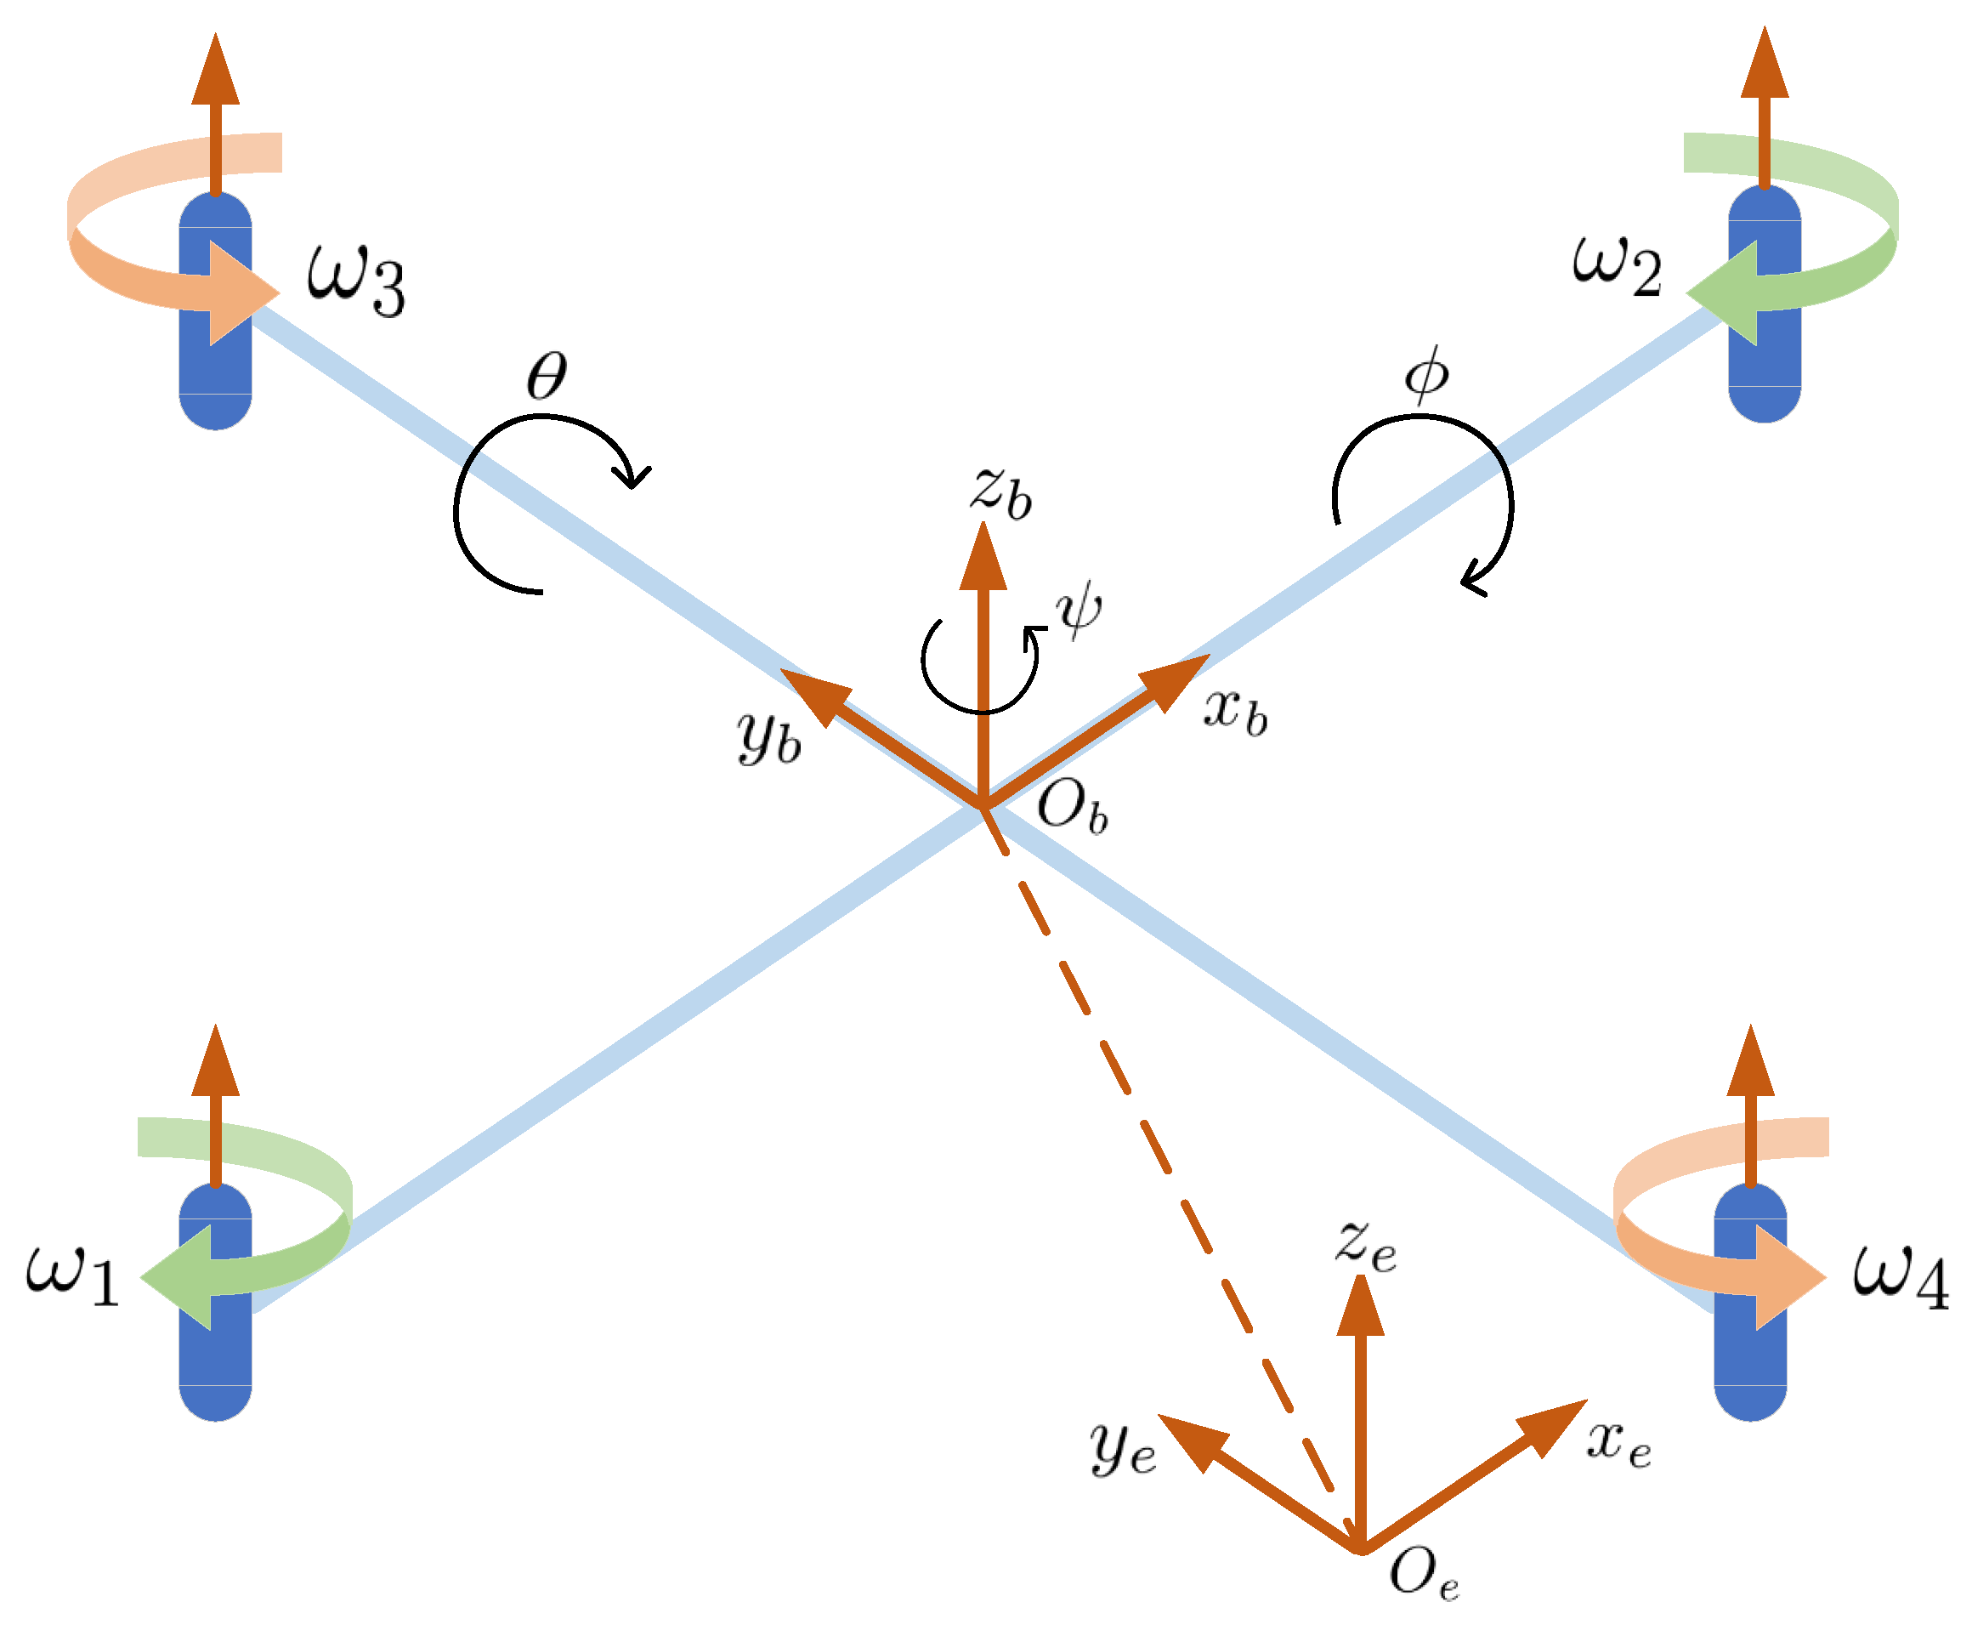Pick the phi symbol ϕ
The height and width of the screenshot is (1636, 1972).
point(1425,376)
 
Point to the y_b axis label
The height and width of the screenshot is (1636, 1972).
point(769,737)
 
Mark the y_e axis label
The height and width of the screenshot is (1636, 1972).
point(1123,1446)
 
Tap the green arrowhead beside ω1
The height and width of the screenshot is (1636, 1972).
point(178,1277)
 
